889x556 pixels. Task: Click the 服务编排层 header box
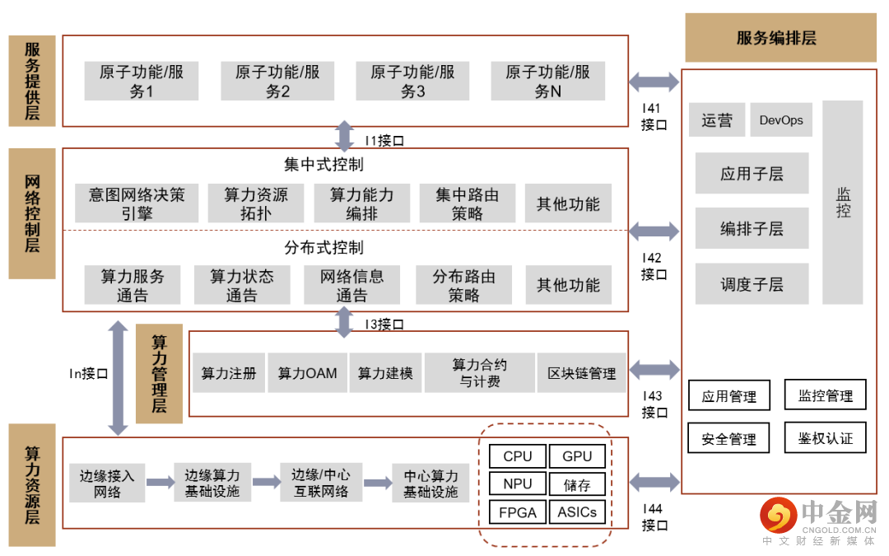click(x=780, y=38)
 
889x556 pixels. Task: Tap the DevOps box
click(x=780, y=120)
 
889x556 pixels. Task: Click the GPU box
click(x=577, y=456)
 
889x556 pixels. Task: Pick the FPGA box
click(x=518, y=512)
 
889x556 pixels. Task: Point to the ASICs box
click(x=577, y=512)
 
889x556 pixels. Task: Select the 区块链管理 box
click(x=581, y=373)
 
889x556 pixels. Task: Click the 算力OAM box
click(x=307, y=373)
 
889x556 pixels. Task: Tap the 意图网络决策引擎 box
click(x=137, y=203)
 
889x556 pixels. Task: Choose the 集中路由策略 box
click(x=467, y=203)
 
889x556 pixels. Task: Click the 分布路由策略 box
click(x=463, y=285)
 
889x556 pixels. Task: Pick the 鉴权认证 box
click(x=825, y=438)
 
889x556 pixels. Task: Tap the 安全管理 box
click(x=728, y=439)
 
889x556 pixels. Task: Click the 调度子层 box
click(x=752, y=284)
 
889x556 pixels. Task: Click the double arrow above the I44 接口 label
click(x=654, y=482)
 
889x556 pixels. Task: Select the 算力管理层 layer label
click(x=159, y=373)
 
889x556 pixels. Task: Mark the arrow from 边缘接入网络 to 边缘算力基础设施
click(x=160, y=482)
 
